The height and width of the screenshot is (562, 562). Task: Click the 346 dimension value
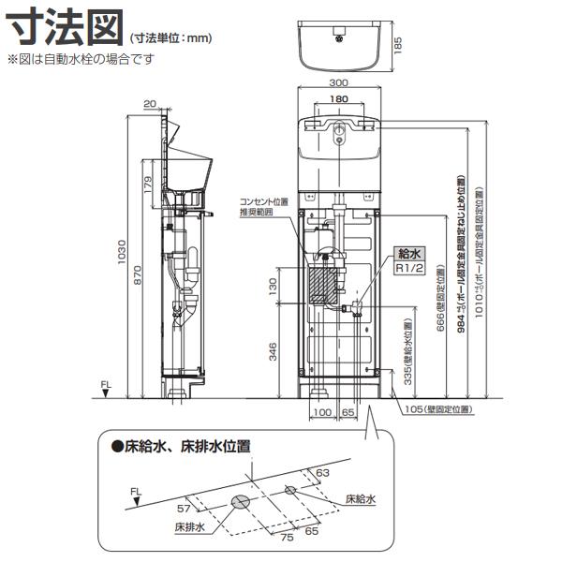[x=272, y=352]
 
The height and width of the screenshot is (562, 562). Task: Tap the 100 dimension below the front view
[x=322, y=412]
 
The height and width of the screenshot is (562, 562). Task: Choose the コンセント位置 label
[x=263, y=201]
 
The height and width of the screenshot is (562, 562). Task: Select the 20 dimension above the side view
[x=150, y=104]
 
